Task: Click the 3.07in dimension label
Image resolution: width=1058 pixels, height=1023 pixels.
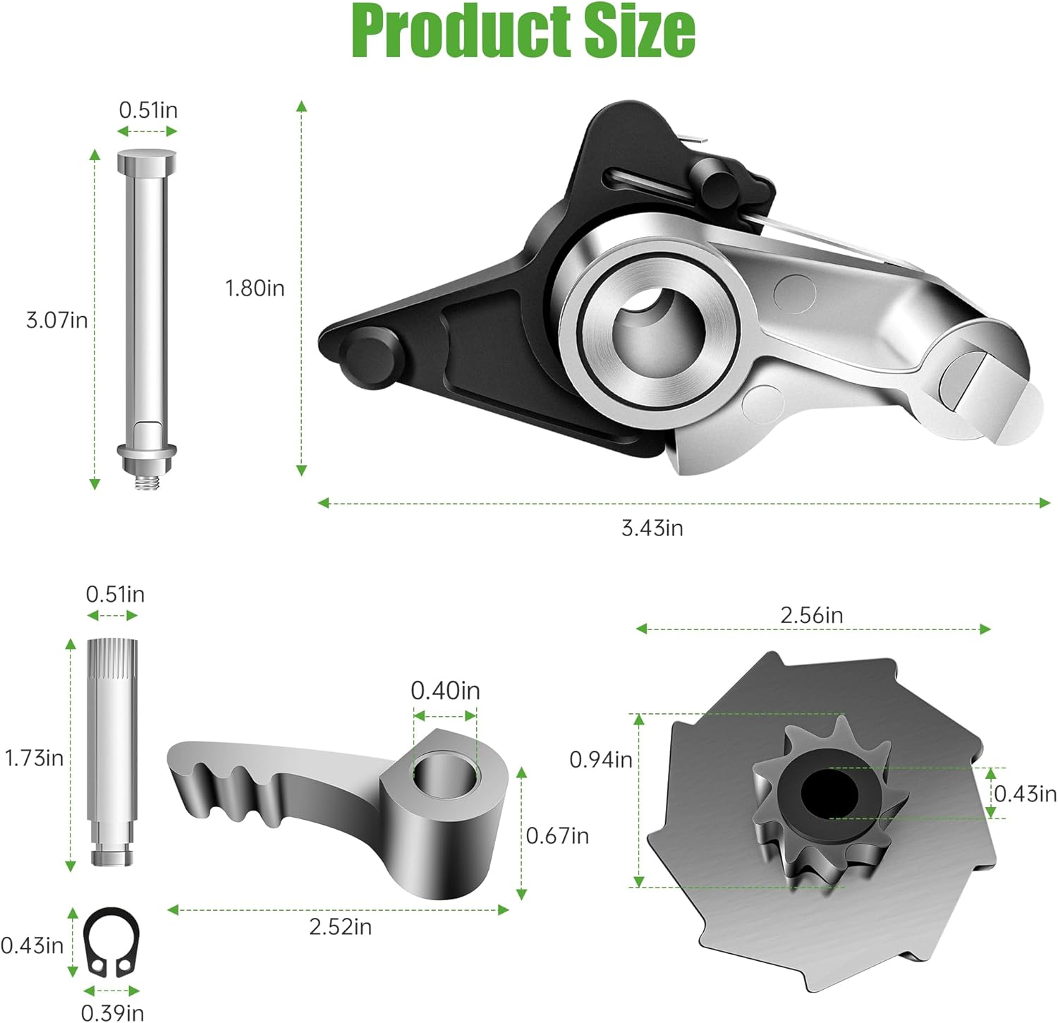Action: click(x=57, y=320)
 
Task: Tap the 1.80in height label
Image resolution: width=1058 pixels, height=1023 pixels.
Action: click(x=255, y=288)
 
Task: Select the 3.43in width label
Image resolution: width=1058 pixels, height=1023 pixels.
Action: click(x=652, y=528)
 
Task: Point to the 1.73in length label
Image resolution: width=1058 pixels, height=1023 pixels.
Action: click(x=34, y=758)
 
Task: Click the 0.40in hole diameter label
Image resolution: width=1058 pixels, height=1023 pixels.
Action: click(x=445, y=690)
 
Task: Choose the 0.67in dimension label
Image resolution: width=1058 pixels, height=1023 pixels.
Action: click(x=557, y=836)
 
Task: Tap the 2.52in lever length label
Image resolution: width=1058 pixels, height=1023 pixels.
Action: click(x=340, y=927)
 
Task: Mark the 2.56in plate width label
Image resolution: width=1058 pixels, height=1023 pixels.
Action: click(x=811, y=615)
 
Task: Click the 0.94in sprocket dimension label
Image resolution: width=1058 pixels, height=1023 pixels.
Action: click(x=601, y=760)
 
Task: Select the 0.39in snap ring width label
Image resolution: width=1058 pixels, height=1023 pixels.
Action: click(x=113, y=1012)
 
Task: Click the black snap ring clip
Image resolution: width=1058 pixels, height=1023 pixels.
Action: click(x=111, y=943)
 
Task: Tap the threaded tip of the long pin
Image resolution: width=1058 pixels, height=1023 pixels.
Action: click(x=146, y=483)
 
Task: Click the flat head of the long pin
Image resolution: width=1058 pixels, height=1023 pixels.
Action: click(x=146, y=161)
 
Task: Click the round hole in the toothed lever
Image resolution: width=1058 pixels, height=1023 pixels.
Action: click(x=444, y=774)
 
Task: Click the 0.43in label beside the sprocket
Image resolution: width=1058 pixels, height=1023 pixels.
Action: click(x=1025, y=794)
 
